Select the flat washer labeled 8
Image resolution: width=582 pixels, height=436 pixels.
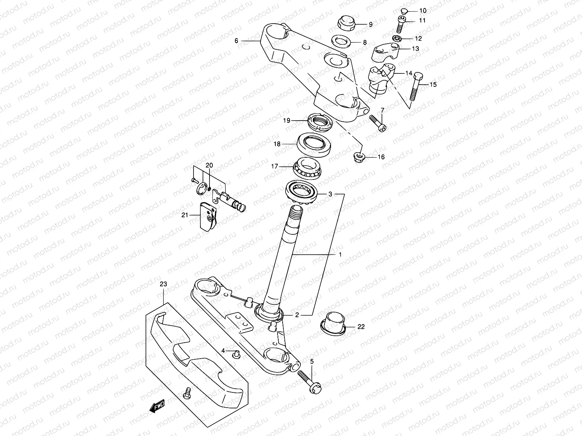click(342, 42)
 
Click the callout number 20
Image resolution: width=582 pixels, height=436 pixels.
click(209, 165)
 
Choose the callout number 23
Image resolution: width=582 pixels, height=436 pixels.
click(163, 284)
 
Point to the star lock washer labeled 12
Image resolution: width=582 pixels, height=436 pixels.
click(397, 39)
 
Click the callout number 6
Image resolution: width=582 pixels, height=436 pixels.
click(236, 41)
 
